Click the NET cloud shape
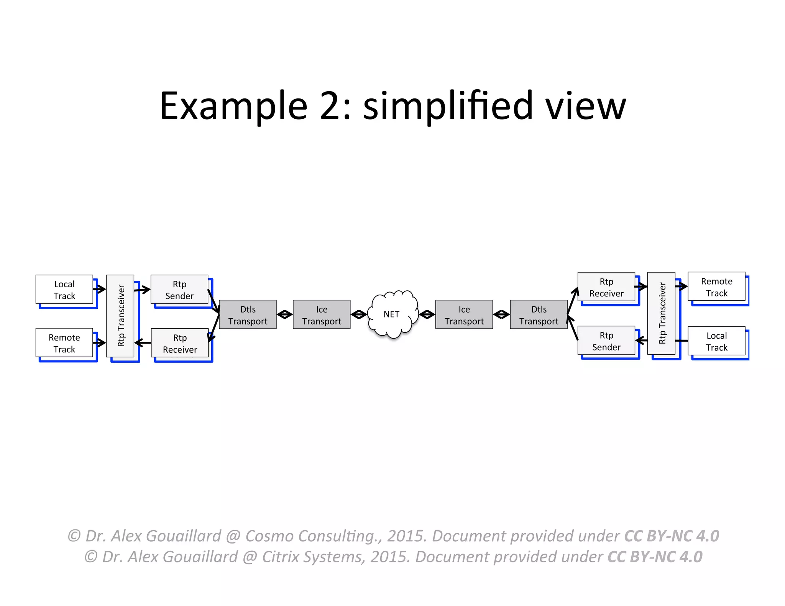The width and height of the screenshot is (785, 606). point(392,314)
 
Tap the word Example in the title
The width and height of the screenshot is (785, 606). point(233,106)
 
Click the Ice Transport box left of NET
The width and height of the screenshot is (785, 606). point(321,314)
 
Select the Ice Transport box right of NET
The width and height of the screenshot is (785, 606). point(464,314)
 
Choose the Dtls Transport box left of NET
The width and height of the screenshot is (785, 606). point(248,314)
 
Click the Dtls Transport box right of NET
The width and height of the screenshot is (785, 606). point(539,314)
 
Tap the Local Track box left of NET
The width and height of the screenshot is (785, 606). point(64,290)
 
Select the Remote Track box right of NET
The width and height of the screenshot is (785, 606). point(716,287)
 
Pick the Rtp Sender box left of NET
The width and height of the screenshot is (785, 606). point(179,290)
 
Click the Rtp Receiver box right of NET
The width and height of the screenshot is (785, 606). point(606,287)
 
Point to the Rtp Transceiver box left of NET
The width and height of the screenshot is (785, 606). point(120,316)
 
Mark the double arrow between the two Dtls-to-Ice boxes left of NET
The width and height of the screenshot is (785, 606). point(284,314)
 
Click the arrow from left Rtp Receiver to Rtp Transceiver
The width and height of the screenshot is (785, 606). point(143,342)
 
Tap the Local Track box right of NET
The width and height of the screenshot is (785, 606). point(716,341)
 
